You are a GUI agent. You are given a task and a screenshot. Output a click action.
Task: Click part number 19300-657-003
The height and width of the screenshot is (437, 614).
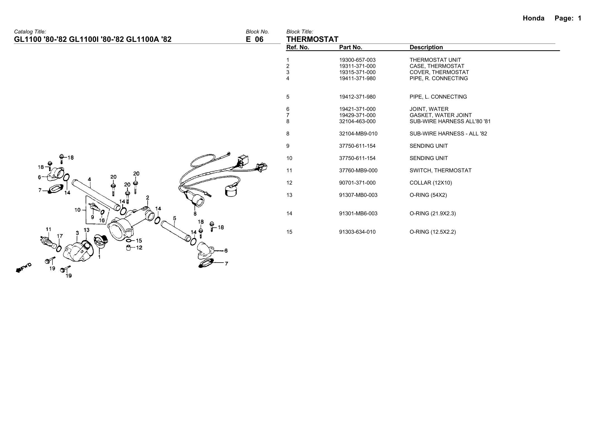tap(357, 60)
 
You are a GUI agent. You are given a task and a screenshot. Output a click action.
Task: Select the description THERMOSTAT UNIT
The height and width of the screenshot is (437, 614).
tap(435, 60)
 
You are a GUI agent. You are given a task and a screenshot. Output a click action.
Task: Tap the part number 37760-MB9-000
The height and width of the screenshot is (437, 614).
tap(358, 171)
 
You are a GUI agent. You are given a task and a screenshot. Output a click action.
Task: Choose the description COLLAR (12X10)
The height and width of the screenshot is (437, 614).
tap(431, 183)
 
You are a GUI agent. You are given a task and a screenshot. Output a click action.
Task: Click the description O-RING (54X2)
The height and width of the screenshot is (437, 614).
tap(428, 195)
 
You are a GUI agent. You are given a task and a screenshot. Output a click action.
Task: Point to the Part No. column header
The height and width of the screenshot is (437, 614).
tap(351, 47)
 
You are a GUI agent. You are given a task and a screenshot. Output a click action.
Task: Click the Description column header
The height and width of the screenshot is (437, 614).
tap(426, 47)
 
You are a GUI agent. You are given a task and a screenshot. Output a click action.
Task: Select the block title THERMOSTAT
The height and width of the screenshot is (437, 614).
tap(312, 39)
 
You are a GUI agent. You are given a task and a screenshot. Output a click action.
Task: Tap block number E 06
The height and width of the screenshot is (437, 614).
tap(255, 39)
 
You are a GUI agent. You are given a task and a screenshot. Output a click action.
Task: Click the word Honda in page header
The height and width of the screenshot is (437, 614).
tap(533, 18)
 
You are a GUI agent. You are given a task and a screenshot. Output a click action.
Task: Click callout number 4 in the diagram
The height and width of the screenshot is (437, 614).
tap(89, 179)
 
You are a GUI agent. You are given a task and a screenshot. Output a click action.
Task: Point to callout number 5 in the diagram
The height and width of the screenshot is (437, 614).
tap(174, 218)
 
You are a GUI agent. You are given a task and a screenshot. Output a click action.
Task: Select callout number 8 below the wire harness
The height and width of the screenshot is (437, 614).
tap(195, 214)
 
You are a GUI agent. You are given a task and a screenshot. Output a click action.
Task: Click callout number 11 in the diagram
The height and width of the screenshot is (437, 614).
tap(48, 229)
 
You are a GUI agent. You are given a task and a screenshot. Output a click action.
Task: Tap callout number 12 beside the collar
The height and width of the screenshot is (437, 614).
tap(139, 247)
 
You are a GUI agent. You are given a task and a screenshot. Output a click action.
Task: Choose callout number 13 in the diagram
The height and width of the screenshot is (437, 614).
tap(87, 230)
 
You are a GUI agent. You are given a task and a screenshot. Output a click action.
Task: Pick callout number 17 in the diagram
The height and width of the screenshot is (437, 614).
tap(60, 236)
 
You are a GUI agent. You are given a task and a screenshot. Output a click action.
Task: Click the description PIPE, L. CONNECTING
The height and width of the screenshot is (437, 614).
tap(438, 97)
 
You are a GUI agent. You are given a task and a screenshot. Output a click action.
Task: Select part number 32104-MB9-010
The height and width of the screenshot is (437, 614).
tap(358, 134)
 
